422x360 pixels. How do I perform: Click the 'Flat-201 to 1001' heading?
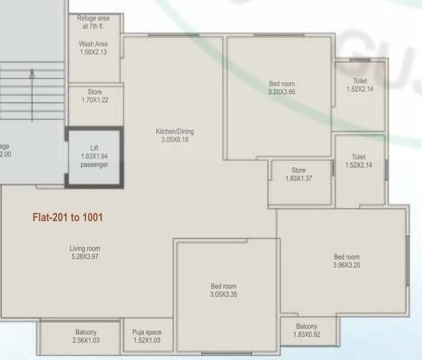pos(67,218)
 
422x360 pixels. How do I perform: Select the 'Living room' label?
pos(85,249)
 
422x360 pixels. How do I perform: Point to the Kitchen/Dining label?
pos(175,131)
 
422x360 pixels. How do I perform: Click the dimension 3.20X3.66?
pos(281,92)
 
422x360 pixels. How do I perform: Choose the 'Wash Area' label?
pos(93,44)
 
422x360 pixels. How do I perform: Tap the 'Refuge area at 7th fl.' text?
pos(93,23)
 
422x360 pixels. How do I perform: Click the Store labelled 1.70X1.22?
pos(94,96)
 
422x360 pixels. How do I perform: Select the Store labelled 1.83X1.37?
pos(298,174)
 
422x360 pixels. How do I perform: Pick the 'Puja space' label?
pos(147,332)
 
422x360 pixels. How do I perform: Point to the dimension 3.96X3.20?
pos(347,265)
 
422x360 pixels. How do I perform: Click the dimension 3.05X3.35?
pos(224,294)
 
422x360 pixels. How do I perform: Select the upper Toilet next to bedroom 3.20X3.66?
pos(359,85)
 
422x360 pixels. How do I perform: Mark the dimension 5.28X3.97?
pos(85,256)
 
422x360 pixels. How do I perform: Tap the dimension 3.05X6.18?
pos(175,139)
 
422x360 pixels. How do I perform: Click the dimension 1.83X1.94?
pos(94,156)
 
